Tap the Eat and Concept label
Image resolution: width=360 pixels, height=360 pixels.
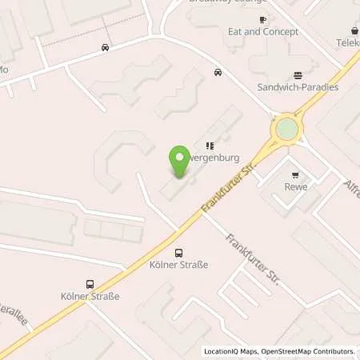263,32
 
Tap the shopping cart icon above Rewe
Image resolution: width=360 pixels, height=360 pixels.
296,174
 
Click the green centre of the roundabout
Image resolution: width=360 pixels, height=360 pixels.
286,129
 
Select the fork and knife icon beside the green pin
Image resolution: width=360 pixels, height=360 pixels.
210,146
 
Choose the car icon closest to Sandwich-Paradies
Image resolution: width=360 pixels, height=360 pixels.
218,72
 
